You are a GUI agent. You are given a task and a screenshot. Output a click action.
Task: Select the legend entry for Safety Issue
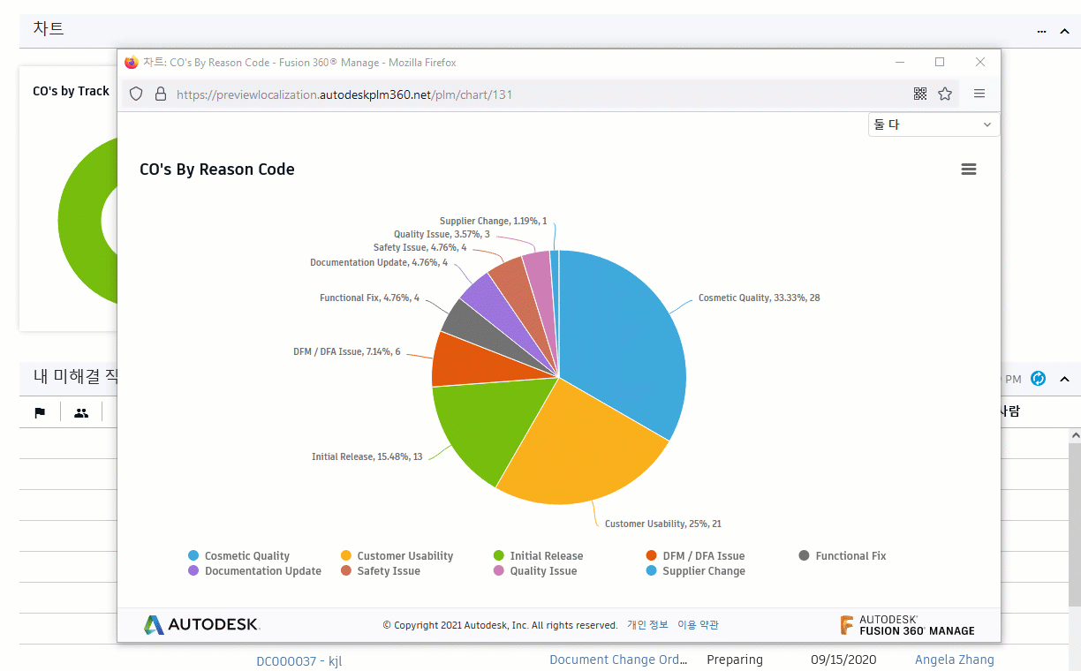[x=388, y=571]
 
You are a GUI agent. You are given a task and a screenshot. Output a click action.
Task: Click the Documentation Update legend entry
[x=262, y=571]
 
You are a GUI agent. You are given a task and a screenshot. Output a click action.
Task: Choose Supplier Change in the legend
[x=703, y=571]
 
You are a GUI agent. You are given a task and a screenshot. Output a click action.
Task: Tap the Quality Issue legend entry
[x=542, y=571]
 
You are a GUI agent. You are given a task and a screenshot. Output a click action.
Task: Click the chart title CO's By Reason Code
[x=217, y=170]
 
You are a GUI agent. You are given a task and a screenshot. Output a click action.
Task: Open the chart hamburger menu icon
[x=969, y=170]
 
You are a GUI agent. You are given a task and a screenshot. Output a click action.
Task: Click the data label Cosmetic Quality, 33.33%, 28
[x=759, y=298]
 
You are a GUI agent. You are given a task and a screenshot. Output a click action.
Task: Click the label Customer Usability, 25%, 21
[x=662, y=524]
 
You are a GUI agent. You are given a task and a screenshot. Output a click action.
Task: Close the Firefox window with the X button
[x=980, y=63]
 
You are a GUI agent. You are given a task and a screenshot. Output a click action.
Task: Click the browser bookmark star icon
[x=945, y=94]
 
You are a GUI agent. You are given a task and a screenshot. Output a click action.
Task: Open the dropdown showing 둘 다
[x=934, y=125]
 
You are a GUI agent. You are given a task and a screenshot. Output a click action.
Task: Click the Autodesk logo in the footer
[x=201, y=625]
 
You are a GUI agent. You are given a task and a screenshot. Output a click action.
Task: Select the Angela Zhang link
[x=954, y=660]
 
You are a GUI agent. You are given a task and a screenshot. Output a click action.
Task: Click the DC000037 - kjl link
[x=299, y=661]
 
